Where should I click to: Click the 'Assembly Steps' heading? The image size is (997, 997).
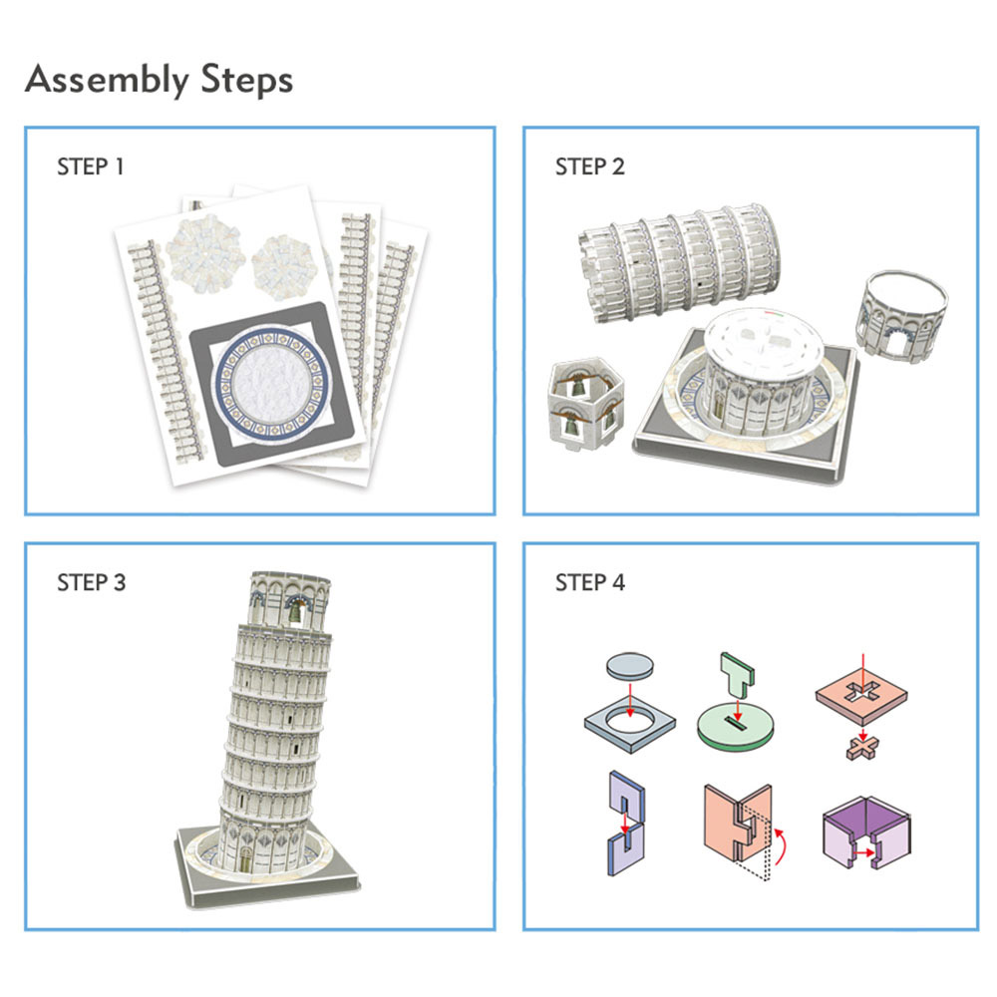point(159,80)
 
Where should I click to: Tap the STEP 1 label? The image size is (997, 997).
point(91,166)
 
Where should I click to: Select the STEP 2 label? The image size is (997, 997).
point(590,166)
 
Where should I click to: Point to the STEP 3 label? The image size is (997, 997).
point(92,582)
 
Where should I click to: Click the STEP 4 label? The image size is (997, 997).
point(590,582)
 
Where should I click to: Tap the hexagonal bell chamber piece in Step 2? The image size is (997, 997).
point(585,404)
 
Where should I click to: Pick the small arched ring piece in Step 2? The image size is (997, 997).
point(901,316)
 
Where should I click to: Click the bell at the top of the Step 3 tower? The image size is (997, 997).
point(296,612)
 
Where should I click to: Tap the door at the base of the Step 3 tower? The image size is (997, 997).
point(245,860)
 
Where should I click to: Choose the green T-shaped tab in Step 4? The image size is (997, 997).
point(737,677)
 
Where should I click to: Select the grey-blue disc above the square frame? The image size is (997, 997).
point(629,666)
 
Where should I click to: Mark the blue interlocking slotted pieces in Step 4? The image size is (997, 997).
point(626,824)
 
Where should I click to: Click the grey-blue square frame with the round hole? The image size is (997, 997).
point(629,725)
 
